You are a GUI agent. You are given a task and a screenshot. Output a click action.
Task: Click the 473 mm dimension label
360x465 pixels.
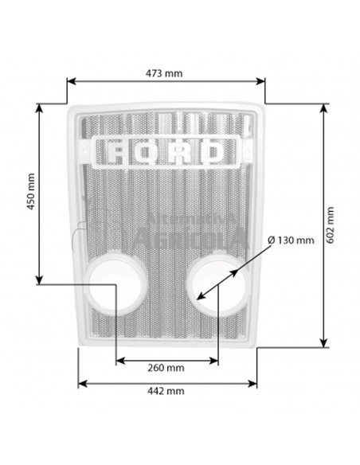click(x=164, y=73)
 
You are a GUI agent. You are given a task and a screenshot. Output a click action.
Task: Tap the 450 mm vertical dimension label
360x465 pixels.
click(x=31, y=192)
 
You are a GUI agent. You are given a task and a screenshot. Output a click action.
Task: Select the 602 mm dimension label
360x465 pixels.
click(x=330, y=225)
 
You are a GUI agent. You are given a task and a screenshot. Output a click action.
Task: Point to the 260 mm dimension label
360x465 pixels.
click(x=166, y=368)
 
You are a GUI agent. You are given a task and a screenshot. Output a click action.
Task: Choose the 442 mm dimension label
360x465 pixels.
click(x=166, y=391)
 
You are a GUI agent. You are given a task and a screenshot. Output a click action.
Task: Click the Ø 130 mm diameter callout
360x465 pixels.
click(x=291, y=240)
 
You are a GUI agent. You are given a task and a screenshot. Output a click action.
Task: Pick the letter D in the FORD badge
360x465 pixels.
click(x=213, y=152)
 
